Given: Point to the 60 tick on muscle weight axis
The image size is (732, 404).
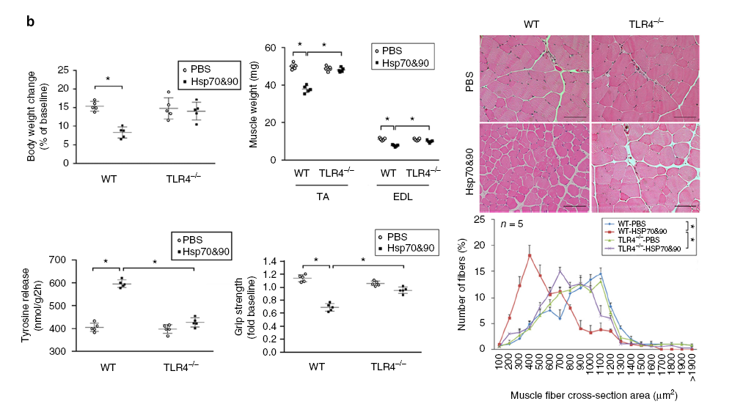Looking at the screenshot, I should click(x=270, y=48).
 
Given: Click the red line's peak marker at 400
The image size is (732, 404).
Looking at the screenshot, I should click(x=530, y=255).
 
